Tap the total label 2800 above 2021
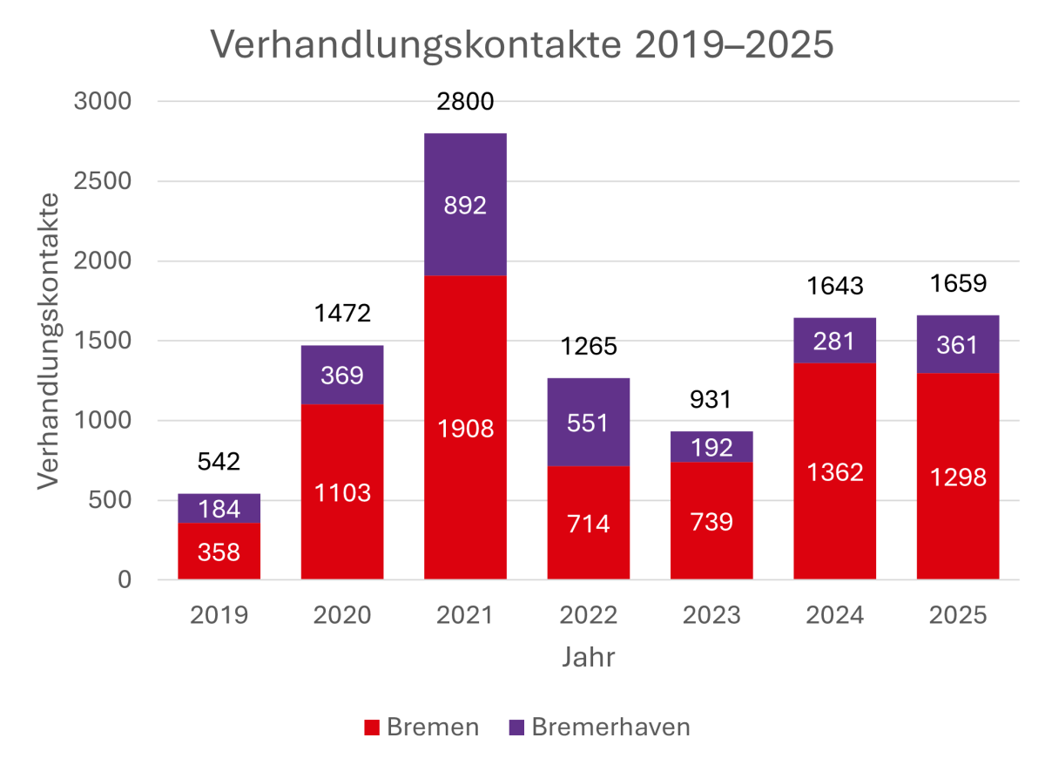click(465, 102)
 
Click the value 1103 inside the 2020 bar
click(342, 492)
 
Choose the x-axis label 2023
click(711, 615)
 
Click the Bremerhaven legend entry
click(598, 728)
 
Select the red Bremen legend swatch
click(372, 728)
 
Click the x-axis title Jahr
click(588, 657)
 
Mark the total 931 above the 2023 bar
click(711, 400)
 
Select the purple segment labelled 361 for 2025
click(957, 344)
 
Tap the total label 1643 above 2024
click(834, 285)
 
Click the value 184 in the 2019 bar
click(219, 509)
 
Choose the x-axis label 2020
click(342, 615)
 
